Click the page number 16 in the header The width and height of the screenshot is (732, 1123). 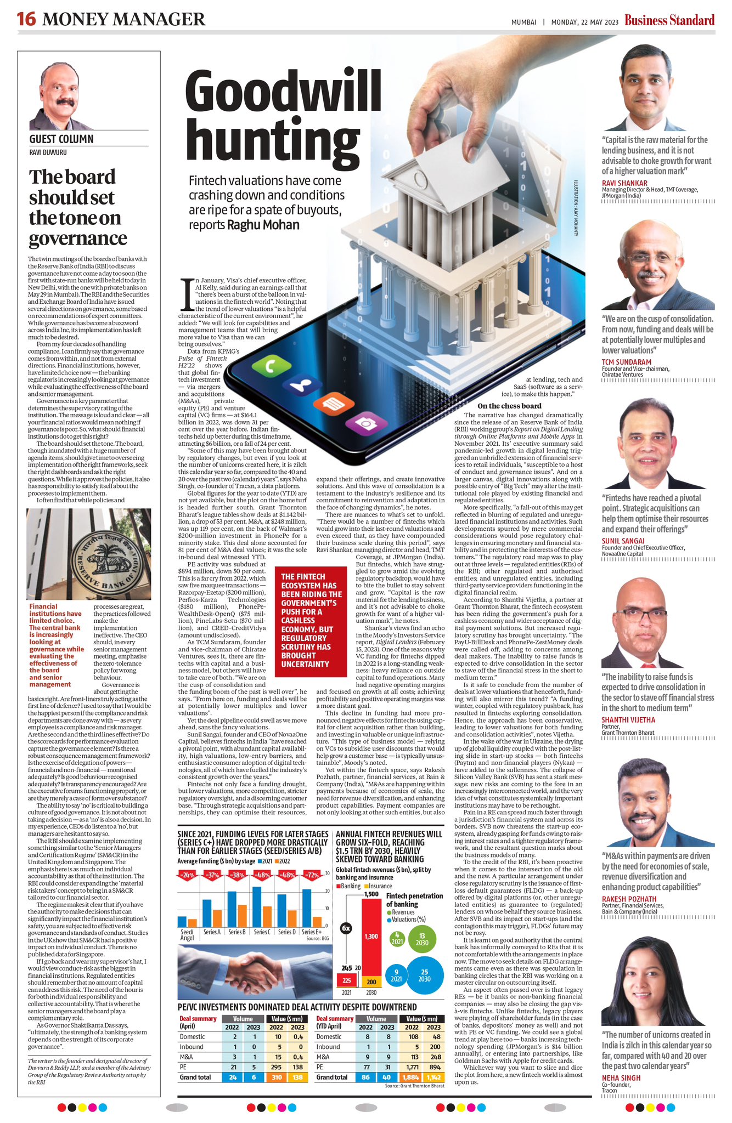pyautogui.click(x=26, y=19)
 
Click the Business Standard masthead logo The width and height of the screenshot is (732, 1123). pyautogui.click(x=669, y=21)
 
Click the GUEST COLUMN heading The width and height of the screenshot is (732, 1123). pyautogui.click(x=61, y=139)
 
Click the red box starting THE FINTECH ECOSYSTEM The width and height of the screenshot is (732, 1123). pyautogui.click(x=311, y=620)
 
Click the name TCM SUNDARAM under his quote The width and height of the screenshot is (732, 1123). pyautogui.click(x=626, y=362)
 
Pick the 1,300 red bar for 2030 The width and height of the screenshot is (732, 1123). pyautogui.click(x=371, y=935)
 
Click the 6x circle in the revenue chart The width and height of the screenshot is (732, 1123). pyautogui.click(x=346, y=928)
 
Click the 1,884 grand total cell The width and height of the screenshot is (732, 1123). pyautogui.click(x=412, y=1077)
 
